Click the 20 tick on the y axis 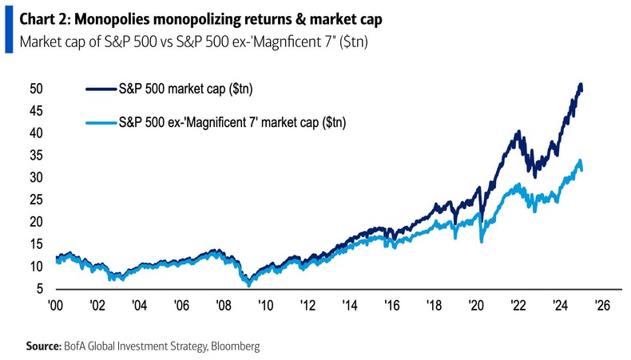pos(38,222)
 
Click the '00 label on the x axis pos(55,305)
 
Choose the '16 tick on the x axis pos(391,305)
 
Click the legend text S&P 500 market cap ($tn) pos(174,90)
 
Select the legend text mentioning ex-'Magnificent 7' pos(232,122)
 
